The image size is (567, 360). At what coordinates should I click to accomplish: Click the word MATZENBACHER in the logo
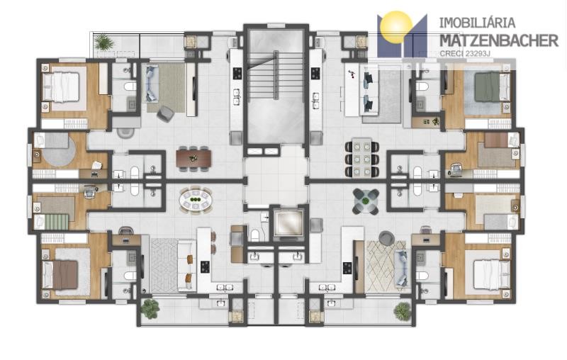click(499, 40)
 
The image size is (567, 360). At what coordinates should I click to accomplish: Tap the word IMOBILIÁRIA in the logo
click(477, 23)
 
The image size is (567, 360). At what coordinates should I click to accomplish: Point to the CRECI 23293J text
click(465, 53)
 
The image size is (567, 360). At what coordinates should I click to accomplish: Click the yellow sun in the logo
click(397, 27)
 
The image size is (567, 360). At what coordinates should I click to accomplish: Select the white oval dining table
click(196, 201)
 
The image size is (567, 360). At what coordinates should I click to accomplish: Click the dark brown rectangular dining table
click(193, 158)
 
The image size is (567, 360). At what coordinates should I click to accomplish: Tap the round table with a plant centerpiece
click(366, 201)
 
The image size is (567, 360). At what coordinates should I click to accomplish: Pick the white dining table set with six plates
click(362, 157)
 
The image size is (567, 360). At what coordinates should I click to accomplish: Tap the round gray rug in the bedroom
click(60, 150)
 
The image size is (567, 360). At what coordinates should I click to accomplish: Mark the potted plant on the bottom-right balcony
click(402, 310)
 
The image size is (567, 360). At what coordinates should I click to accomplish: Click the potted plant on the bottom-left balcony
click(150, 308)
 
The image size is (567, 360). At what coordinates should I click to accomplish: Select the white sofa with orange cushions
click(187, 266)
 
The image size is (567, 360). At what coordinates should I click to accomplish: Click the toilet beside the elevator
click(256, 235)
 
